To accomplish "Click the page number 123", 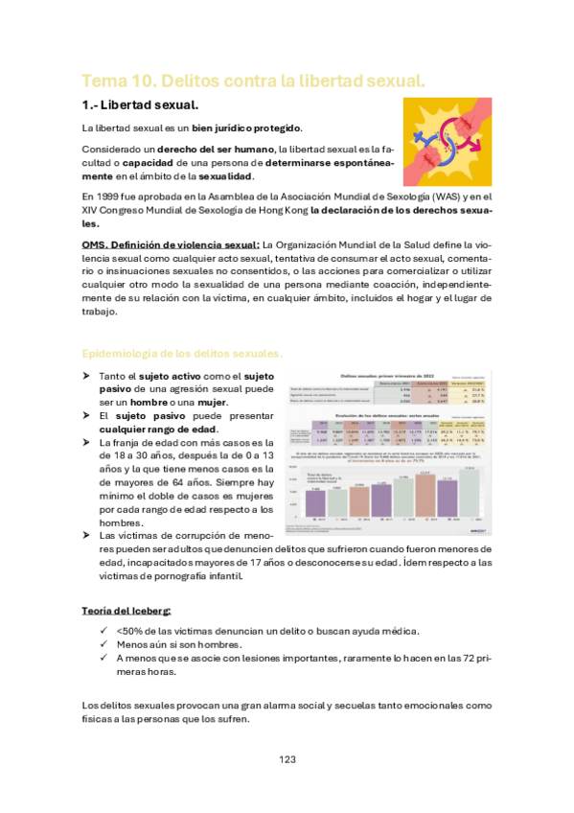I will (x=287, y=759).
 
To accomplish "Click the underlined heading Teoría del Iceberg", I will (x=126, y=610).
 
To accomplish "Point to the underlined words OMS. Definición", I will (x=131, y=244).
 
